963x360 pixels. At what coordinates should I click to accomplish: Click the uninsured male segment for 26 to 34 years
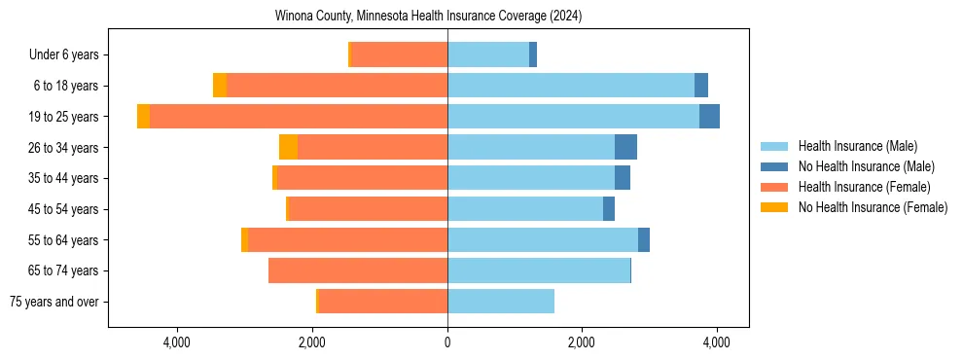(625, 147)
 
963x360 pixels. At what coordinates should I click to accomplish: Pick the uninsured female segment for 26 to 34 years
(288, 147)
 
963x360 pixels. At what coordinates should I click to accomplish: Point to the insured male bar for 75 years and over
(501, 302)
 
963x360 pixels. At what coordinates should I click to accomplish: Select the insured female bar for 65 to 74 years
(358, 270)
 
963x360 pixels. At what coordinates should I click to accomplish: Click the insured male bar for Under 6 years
(488, 54)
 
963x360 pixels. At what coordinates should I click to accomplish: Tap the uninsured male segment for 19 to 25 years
(709, 117)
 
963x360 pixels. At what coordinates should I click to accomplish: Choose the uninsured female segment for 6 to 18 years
(220, 86)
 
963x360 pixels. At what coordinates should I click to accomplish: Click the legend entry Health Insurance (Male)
(857, 146)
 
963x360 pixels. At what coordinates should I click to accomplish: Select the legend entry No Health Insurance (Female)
(873, 207)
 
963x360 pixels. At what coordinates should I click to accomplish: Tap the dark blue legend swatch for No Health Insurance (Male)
(775, 166)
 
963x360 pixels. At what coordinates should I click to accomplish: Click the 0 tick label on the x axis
(447, 342)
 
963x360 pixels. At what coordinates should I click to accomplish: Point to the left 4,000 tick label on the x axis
(177, 342)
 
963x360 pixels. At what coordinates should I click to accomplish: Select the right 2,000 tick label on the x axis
(582, 342)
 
